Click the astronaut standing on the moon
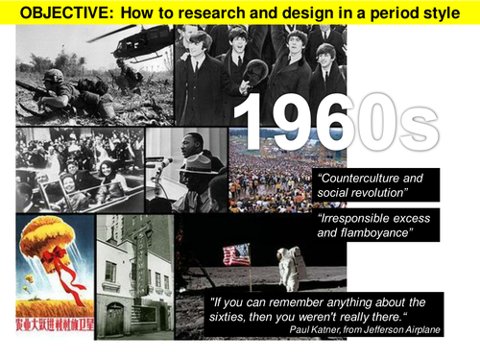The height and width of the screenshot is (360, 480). click(x=287, y=265)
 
